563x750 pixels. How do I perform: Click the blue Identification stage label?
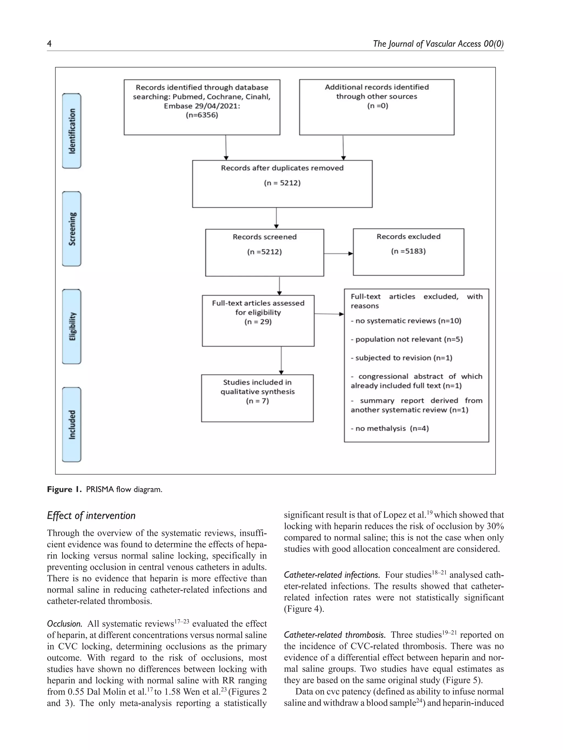click(71, 131)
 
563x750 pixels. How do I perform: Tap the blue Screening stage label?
click(71, 228)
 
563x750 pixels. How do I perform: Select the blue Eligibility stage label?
click(71, 326)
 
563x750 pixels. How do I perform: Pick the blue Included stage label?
click(71, 424)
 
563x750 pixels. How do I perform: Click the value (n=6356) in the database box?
click(202, 115)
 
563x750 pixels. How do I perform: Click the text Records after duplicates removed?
click(282, 168)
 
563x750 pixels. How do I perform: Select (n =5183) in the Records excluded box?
click(408, 251)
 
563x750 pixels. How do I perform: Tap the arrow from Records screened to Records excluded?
click(338, 253)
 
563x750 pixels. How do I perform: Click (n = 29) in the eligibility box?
click(258, 322)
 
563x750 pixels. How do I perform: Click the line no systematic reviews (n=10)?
click(406, 321)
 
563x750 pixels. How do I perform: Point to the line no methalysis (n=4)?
click(390, 428)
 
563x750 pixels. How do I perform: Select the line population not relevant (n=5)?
click(407, 339)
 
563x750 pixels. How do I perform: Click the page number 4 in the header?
click(49, 43)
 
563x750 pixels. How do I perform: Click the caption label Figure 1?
click(64, 489)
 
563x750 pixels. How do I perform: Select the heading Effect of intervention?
click(91, 515)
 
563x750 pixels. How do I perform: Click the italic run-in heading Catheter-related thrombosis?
click(334, 635)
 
